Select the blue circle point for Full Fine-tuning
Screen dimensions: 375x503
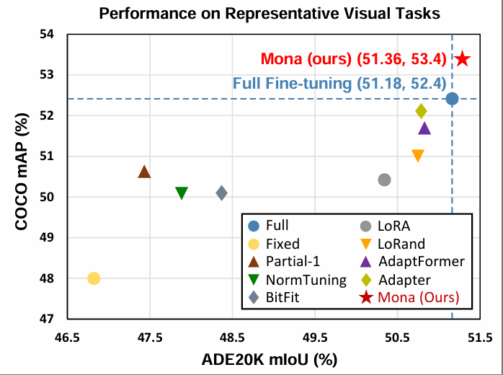pos(452,99)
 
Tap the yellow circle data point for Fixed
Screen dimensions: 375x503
pos(94,278)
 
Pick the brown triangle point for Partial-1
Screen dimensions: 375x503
pos(144,172)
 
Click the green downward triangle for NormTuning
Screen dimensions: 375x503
pos(182,193)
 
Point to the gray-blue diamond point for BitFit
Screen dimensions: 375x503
pos(222,193)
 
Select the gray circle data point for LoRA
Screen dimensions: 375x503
pos(384,180)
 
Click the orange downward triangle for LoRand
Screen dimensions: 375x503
pos(418,156)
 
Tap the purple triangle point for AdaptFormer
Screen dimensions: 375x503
pos(424,128)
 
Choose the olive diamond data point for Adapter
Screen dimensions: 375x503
pos(422,111)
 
